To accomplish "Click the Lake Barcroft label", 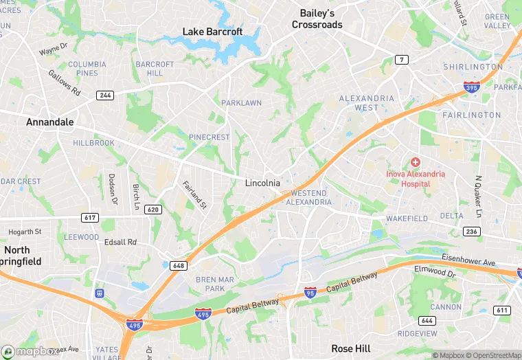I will (x=212, y=31).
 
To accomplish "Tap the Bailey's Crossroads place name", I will (x=317, y=19).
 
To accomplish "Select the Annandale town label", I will (x=49, y=122).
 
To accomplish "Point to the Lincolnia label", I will (x=262, y=183).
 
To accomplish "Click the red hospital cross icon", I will (x=416, y=163).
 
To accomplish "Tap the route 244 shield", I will (x=105, y=95).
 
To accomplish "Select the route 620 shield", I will (x=153, y=209).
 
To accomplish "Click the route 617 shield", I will (x=89, y=218).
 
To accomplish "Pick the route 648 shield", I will (x=179, y=265).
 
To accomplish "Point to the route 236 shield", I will (x=471, y=232).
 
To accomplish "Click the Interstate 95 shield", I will (x=310, y=293).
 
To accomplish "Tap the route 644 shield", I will (x=427, y=321).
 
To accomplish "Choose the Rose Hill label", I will (x=352, y=349).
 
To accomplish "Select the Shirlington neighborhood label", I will (x=472, y=67).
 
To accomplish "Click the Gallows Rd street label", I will (x=64, y=82).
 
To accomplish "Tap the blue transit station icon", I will (x=100, y=293).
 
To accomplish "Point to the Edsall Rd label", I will (x=120, y=243).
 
